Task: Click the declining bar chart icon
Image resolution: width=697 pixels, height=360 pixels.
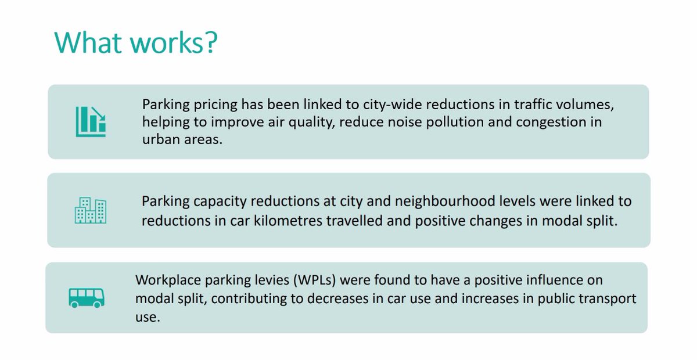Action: click(x=91, y=122)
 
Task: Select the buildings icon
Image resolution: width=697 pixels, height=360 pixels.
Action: click(x=91, y=210)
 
